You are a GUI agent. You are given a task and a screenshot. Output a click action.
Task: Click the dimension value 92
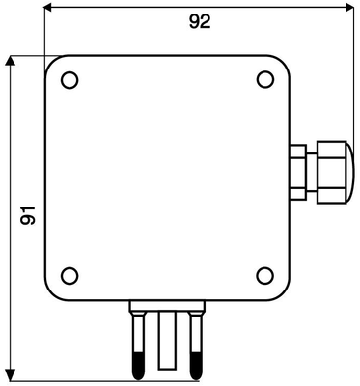click(200, 22)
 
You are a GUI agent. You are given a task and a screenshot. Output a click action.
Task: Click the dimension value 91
click(28, 215)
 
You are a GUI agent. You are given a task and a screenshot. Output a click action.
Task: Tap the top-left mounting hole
click(69, 80)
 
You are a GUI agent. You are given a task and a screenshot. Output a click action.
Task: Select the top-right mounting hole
click(265, 79)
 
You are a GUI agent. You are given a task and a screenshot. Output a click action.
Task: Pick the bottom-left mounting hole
click(69, 276)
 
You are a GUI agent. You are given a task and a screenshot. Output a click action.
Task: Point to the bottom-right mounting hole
click(265, 276)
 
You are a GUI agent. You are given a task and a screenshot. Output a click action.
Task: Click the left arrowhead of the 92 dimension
click(48, 8)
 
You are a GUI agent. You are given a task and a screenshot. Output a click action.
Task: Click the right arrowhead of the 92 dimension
click(349, 8)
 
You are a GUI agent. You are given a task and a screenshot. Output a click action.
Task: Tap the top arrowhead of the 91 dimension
click(11, 61)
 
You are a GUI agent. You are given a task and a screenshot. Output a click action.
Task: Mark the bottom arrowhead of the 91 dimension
click(11, 376)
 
